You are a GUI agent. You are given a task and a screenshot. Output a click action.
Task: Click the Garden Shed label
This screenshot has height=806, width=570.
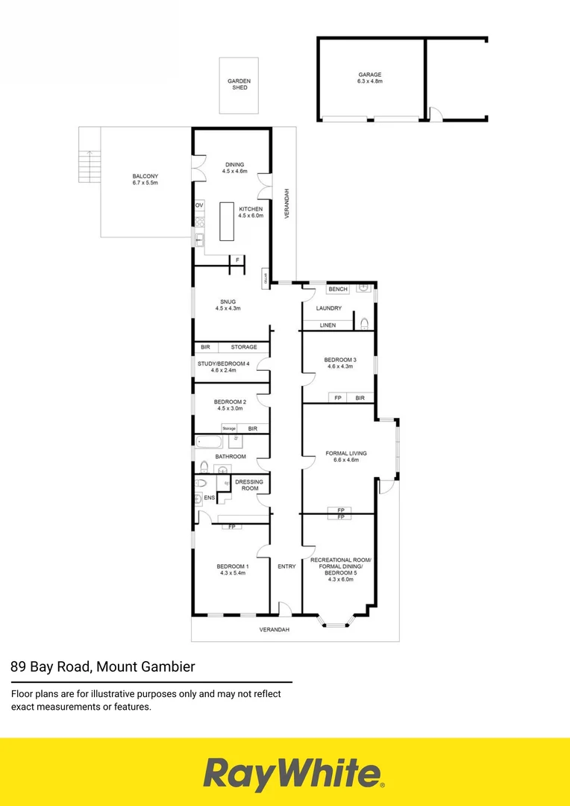(239, 84)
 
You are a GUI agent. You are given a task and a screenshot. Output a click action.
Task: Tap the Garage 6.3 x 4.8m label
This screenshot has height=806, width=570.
(369, 78)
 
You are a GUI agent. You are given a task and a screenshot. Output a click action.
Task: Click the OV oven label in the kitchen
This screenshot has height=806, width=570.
(199, 204)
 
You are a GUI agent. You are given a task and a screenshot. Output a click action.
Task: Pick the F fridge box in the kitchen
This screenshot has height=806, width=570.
(237, 260)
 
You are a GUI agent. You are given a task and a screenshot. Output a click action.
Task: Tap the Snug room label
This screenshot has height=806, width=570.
(228, 304)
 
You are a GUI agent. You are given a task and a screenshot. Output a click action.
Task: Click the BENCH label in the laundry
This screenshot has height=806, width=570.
(338, 289)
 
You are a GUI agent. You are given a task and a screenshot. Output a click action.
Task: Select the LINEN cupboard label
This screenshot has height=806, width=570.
(328, 325)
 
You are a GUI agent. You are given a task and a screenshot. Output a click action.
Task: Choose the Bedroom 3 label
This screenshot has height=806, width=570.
(340, 363)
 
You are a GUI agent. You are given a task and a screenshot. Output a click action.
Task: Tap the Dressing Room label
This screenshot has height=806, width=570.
(248, 485)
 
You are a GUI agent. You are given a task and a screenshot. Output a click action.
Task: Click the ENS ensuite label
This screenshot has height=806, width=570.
(210, 497)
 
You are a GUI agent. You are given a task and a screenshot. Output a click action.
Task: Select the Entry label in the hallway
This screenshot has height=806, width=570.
(286, 566)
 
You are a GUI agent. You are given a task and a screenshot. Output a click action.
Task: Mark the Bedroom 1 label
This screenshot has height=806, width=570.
(234, 569)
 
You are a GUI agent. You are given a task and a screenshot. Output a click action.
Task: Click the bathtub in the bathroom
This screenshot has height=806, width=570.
(209, 442)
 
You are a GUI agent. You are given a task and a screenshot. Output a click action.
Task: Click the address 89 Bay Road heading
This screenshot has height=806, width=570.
(103, 666)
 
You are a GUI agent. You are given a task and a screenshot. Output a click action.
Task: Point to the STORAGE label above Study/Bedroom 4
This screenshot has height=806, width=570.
(243, 347)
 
